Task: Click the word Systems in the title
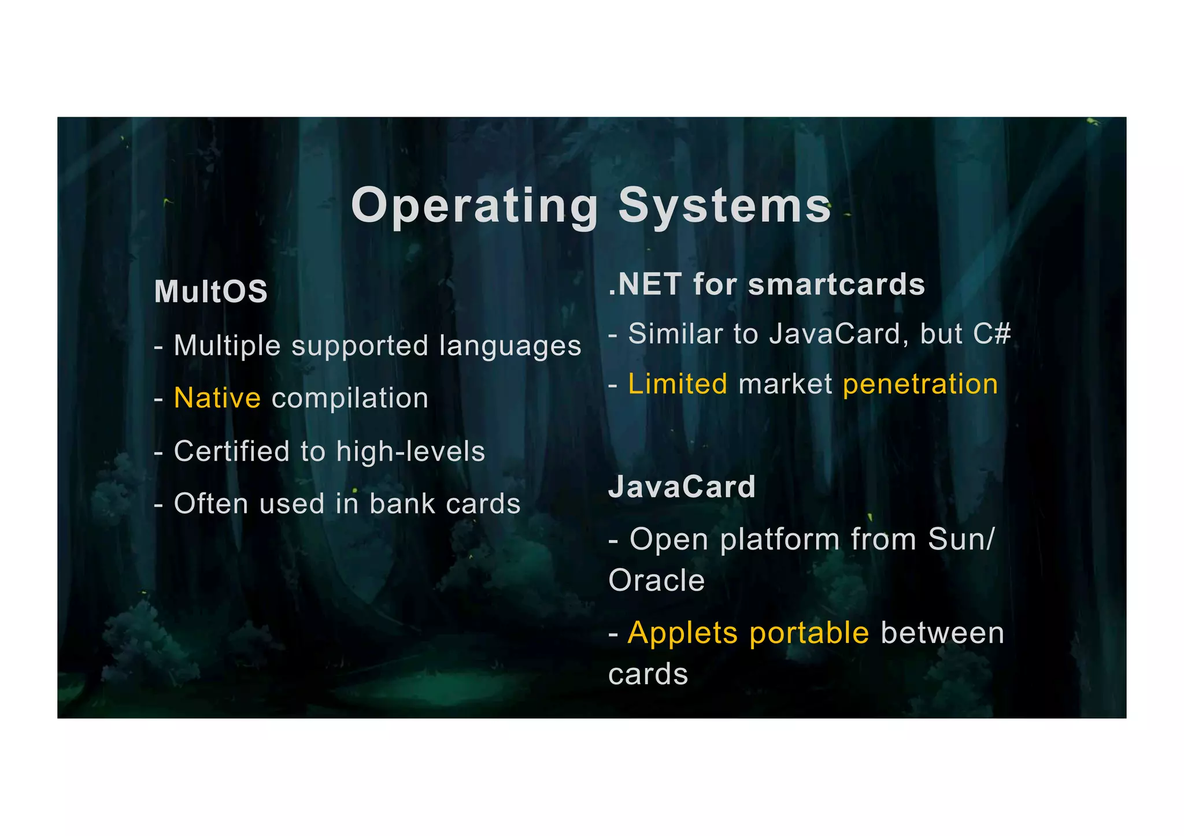724,206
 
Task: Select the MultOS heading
211,291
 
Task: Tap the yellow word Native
217,398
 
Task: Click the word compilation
350,399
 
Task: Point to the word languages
510,347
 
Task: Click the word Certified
231,451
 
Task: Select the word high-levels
410,451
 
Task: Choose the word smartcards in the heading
836,285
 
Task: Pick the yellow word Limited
678,384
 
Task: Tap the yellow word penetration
920,385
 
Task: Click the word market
785,385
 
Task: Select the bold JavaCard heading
682,487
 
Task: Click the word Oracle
657,581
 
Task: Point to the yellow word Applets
683,634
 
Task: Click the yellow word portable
809,634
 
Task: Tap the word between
942,633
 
